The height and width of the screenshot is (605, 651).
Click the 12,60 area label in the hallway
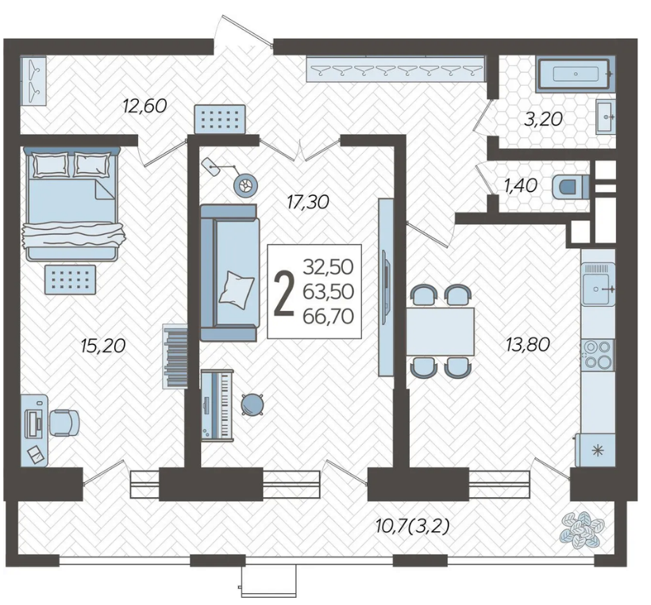tap(145, 105)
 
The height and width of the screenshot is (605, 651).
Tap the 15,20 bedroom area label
tap(103, 346)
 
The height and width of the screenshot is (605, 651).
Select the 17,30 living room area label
tap(308, 202)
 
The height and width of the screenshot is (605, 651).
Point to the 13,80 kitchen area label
tap(528, 344)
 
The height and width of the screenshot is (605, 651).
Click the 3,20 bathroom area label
tap(543, 120)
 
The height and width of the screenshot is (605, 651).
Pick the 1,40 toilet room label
tap(521, 186)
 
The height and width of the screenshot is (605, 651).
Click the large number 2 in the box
tap(284, 293)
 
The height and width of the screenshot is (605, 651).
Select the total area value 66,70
tap(329, 316)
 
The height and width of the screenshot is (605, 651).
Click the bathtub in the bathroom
tap(575, 75)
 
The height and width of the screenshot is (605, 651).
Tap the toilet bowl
tap(571, 186)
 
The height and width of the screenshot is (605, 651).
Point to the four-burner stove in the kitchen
tap(598, 355)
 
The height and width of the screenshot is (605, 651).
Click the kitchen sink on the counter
tap(598, 285)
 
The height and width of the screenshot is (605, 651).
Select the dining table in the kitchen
tap(441, 331)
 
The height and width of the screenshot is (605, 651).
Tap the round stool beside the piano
tap(252, 404)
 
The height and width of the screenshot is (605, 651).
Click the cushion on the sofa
tap(237, 289)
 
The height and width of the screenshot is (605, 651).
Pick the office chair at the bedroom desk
tap(64, 423)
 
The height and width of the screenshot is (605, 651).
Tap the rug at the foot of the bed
tap(70, 280)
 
